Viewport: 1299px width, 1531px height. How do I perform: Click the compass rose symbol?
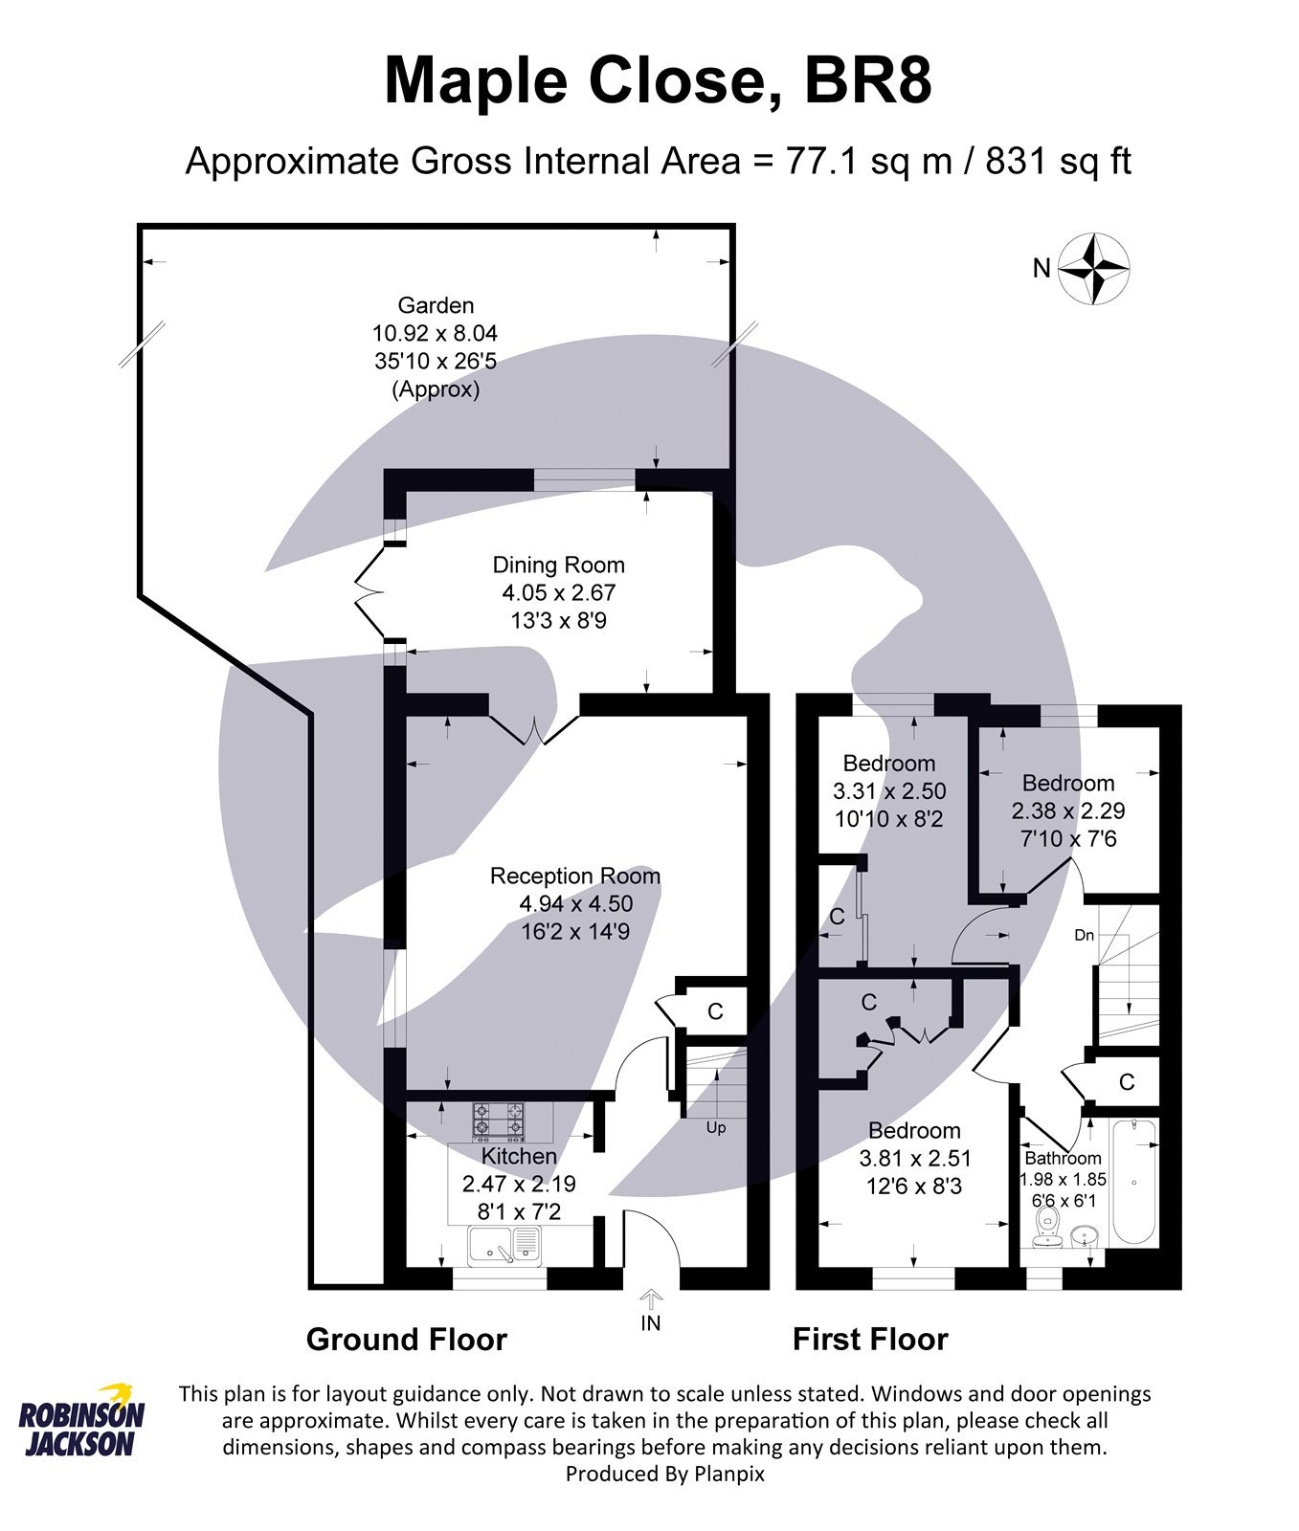[x=1093, y=269]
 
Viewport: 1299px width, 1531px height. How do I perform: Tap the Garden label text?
[x=436, y=306]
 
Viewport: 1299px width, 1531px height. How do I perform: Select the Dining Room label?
[x=558, y=565]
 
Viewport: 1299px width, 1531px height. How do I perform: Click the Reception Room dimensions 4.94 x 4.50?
[x=575, y=903]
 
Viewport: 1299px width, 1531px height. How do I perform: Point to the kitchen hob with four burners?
[x=498, y=1121]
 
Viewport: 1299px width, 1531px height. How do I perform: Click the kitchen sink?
[x=503, y=1244]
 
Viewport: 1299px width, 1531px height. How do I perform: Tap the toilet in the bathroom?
[x=1046, y=1225]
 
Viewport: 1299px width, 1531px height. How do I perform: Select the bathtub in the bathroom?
[x=1134, y=1182]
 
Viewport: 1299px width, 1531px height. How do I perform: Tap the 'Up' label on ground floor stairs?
[x=716, y=1127]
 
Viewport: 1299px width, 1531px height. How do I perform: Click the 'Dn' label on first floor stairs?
[x=1084, y=935]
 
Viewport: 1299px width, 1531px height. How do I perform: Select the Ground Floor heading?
[x=406, y=1340]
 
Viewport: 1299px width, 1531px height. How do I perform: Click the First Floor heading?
[x=869, y=1340]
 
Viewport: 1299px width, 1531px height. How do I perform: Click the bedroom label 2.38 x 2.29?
[x=1067, y=810]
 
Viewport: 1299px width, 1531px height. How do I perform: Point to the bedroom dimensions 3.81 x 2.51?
[x=915, y=1159]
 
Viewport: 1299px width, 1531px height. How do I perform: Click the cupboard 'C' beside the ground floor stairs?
[x=714, y=1011]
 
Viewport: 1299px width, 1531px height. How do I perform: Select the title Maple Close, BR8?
[x=658, y=81]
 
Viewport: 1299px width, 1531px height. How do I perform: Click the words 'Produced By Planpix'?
[x=664, y=1474]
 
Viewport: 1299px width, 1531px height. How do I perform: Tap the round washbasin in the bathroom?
[x=1084, y=1235]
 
